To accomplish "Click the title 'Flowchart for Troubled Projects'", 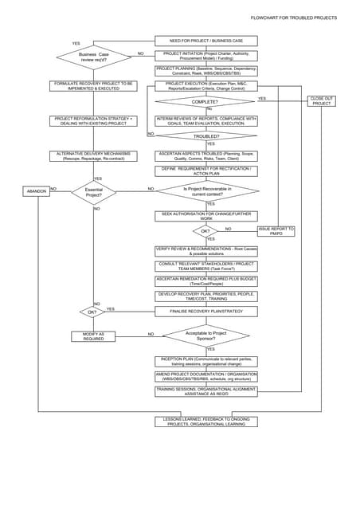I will tap(293, 18).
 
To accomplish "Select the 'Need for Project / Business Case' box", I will tap(206, 40).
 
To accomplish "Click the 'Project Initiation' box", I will tap(206, 55).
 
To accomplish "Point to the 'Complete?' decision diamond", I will tap(206, 102).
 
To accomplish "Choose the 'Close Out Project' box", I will tap(322, 101).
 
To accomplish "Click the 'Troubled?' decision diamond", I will tap(206, 136).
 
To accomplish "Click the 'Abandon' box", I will tap(37, 191).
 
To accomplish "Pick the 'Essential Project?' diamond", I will tap(94, 192).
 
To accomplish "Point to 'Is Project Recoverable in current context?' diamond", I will tap(206, 190).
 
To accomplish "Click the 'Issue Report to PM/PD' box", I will tap(276, 231).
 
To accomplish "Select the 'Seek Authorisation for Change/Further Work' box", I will tap(206, 216).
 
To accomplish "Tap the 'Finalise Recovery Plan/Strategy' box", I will tap(206, 312).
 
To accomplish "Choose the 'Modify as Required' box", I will tap(94, 336).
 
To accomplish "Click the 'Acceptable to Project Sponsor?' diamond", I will tap(206, 335).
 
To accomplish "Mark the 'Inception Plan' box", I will tap(206, 361).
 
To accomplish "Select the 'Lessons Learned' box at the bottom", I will tap(206, 422).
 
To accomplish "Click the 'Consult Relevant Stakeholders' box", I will tap(206, 265).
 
